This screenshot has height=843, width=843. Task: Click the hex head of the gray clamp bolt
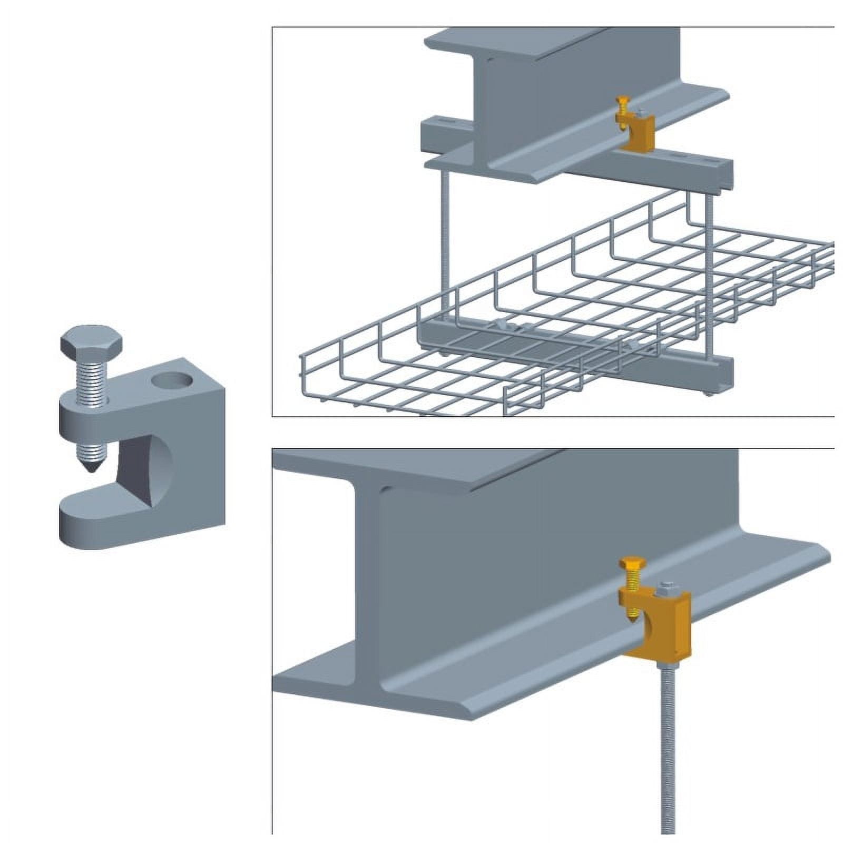point(91,341)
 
